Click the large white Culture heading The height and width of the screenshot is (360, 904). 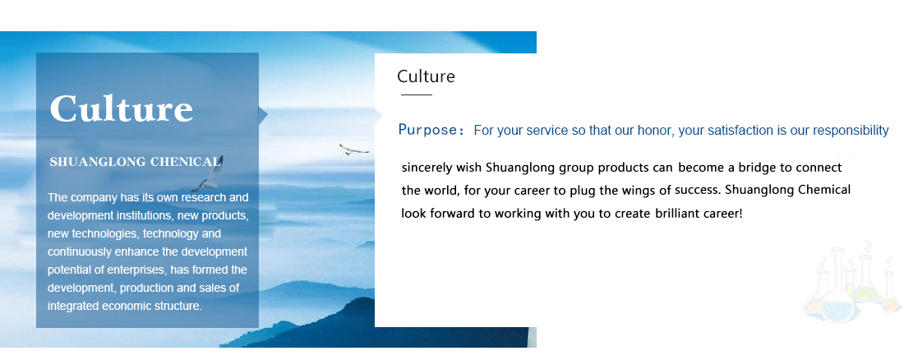coord(121,108)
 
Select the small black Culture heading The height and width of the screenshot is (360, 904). coord(426,76)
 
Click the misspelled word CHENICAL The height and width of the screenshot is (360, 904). coord(186,162)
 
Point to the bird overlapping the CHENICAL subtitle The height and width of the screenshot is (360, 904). coord(209,173)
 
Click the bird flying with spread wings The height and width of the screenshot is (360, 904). coord(353,149)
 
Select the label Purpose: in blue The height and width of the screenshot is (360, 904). coord(431,131)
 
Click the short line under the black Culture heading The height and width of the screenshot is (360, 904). coord(417,94)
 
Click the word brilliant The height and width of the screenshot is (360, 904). coord(678,214)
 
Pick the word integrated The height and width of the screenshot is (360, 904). coord(73,307)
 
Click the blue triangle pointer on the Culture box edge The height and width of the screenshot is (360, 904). coord(263,115)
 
